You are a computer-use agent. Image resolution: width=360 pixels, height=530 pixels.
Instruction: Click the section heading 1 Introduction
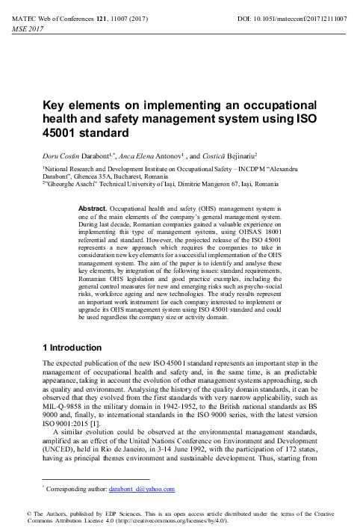[72, 348]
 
